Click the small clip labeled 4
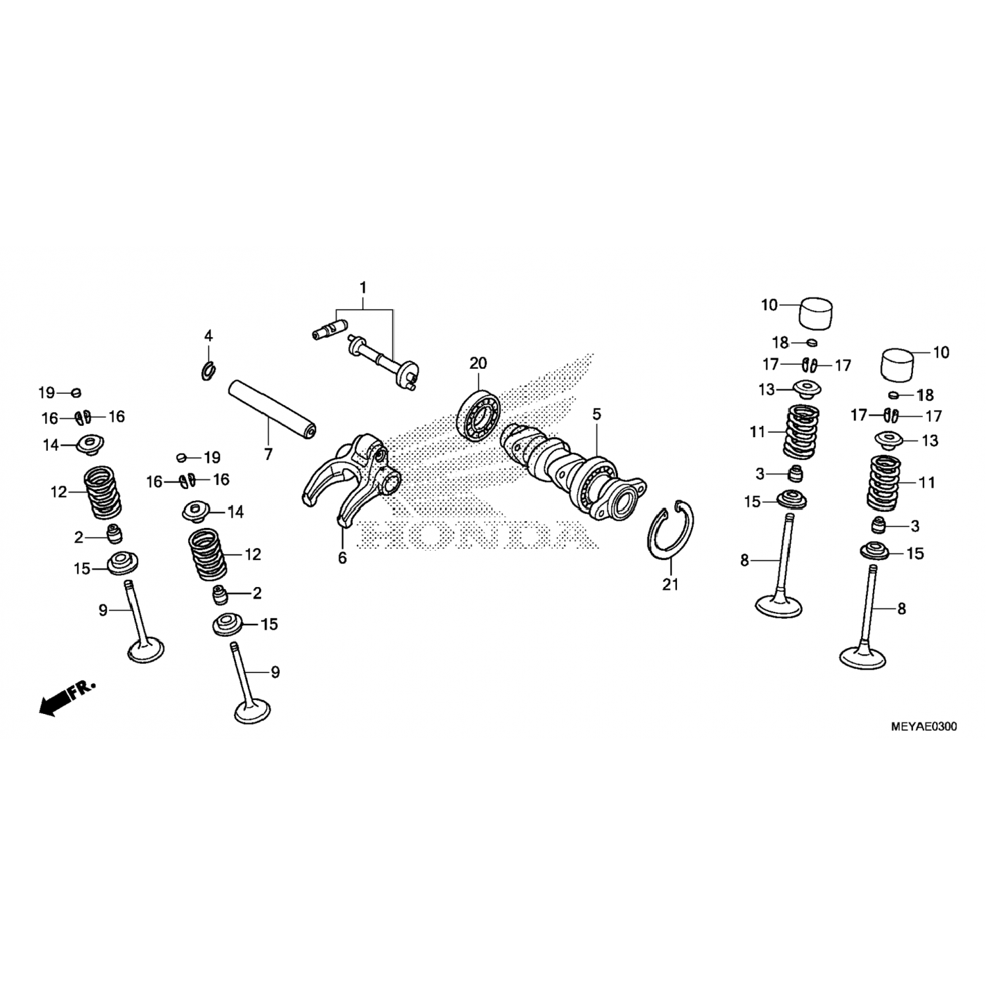pyautogui.click(x=208, y=370)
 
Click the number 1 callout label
pyautogui.click(x=362, y=288)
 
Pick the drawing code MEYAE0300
pyautogui.click(x=924, y=727)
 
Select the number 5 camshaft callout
pyautogui.click(x=596, y=414)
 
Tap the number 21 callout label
pyautogui.click(x=670, y=584)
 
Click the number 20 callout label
pyautogui.click(x=478, y=363)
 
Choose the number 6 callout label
pyautogui.click(x=342, y=557)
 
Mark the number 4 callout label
pyautogui.click(x=208, y=336)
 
